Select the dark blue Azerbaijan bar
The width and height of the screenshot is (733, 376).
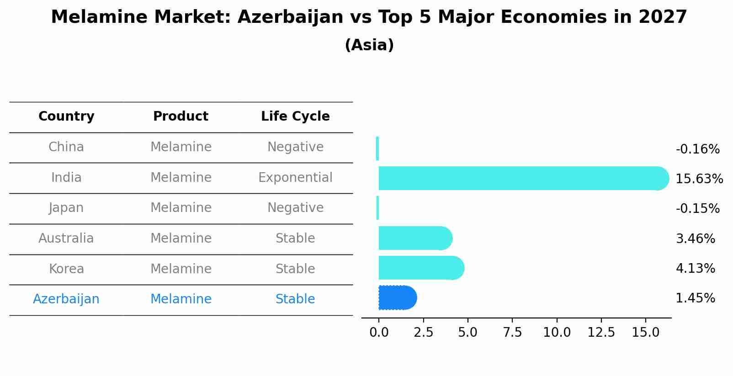[x=397, y=298]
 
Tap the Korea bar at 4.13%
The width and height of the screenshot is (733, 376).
[x=421, y=268]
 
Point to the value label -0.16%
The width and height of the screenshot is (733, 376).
[x=697, y=149]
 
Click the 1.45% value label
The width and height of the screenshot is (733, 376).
[x=695, y=298]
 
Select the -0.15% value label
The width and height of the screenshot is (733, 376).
[x=697, y=209]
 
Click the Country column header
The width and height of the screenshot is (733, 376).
[x=66, y=117]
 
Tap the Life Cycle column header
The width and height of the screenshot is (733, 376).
[x=295, y=117]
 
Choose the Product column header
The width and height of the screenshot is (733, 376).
[x=181, y=117]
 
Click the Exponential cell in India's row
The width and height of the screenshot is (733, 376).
[x=295, y=178]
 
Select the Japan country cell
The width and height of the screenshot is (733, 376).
[x=66, y=208]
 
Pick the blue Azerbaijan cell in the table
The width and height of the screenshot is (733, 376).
[x=66, y=299]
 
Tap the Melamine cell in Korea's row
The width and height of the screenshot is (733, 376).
[x=181, y=269]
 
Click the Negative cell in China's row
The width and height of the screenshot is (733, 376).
[x=295, y=147]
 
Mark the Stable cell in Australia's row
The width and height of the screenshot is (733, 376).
[x=295, y=238]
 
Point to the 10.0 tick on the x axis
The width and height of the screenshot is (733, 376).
[x=557, y=333]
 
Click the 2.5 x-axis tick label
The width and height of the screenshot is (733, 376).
[x=423, y=333]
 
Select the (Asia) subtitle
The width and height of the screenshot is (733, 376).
[x=369, y=45]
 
